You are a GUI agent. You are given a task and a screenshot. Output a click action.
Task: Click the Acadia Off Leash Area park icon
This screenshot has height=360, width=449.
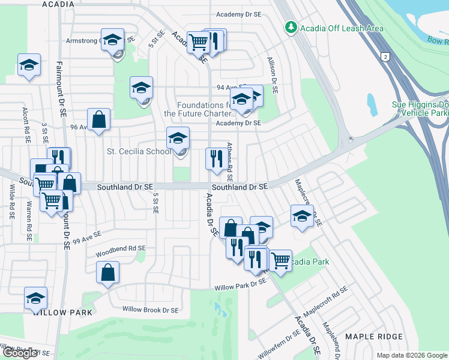click(x=291, y=28)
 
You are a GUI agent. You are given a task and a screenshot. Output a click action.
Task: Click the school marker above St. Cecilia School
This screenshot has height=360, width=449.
click(x=178, y=139)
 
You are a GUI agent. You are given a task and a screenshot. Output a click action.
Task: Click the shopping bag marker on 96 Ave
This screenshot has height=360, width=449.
click(x=99, y=119)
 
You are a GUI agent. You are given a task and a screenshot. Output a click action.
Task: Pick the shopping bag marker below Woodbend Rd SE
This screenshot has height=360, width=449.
click(x=107, y=273)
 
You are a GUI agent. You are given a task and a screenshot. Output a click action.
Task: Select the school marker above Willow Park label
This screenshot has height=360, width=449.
click(x=36, y=298)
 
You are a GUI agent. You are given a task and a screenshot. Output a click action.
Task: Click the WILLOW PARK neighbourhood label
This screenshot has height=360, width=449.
click(x=64, y=313)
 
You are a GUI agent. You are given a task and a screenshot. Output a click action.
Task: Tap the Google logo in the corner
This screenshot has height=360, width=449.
click(x=20, y=353)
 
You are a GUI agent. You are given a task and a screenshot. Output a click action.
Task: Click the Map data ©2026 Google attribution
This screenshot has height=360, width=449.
click(x=412, y=355)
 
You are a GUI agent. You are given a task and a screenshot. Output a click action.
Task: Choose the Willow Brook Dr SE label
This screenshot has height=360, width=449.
click(x=150, y=310)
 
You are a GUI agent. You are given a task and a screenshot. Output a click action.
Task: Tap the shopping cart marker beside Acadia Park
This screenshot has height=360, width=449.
click(x=280, y=261)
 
